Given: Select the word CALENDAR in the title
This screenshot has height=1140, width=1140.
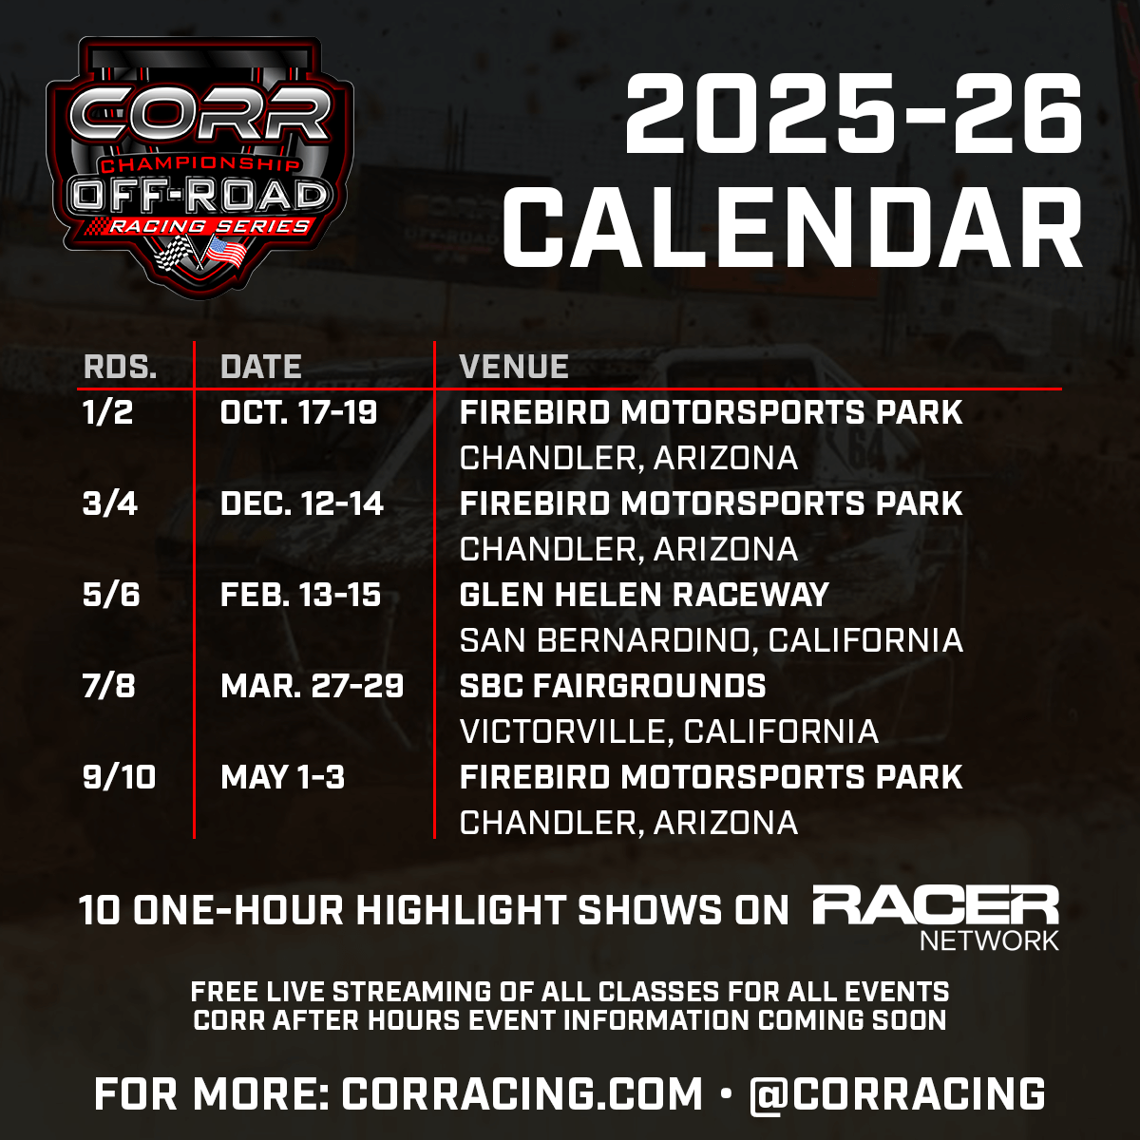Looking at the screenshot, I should click(x=792, y=228).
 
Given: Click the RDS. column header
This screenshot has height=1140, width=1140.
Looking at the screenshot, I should click(x=120, y=367).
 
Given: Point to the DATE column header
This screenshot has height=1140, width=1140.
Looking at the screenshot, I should click(x=261, y=367).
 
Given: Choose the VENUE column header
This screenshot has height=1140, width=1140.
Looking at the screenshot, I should click(x=514, y=367).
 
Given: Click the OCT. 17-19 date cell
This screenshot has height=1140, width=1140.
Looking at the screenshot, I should click(x=299, y=412).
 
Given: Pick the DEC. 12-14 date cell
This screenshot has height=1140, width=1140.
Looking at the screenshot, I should click(x=302, y=503).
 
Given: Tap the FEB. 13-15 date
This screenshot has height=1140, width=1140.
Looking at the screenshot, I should click(x=301, y=595).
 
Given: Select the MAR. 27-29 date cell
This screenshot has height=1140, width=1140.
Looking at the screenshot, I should click(x=313, y=686).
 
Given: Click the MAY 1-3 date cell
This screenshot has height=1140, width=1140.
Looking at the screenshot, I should click(x=283, y=777).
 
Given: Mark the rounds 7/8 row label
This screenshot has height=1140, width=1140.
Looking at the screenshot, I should click(x=109, y=686).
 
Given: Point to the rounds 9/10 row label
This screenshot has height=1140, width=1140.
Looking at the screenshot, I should click(x=120, y=777).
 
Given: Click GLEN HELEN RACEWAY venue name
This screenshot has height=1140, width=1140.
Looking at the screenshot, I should click(x=644, y=595).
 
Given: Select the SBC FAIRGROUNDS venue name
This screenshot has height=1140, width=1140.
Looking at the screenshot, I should click(x=613, y=686).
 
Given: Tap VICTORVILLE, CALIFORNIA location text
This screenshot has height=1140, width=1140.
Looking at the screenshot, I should click(x=669, y=731).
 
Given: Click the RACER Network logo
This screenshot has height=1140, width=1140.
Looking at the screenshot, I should click(x=936, y=917).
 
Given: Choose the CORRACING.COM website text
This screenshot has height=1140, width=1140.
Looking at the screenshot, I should click(x=522, y=1093).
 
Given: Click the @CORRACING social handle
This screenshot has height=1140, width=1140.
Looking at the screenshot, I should click(x=897, y=1093).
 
